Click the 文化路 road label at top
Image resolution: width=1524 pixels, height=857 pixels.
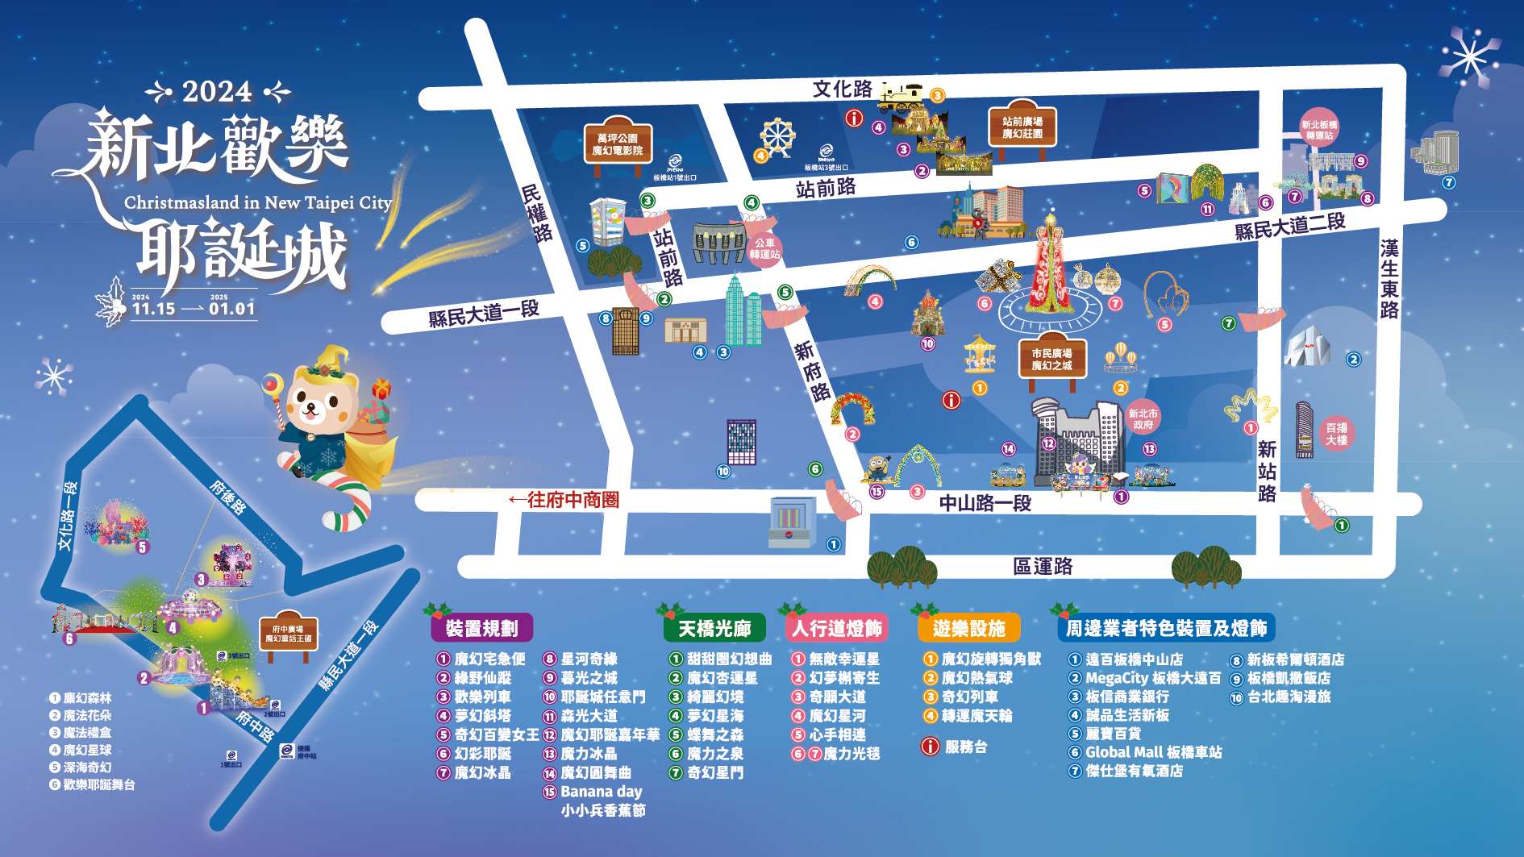(x=842, y=89)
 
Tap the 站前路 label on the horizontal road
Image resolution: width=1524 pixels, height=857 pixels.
(x=825, y=189)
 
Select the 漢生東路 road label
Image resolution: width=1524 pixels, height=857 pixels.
(x=1389, y=279)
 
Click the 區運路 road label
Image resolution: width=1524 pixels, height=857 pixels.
(x=1043, y=567)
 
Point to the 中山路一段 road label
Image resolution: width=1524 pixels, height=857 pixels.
(x=985, y=504)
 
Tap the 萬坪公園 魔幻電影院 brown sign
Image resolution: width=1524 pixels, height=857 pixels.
(x=618, y=144)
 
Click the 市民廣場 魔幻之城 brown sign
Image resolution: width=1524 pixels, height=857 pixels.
(x=1051, y=360)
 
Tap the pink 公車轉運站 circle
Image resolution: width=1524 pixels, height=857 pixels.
(x=764, y=249)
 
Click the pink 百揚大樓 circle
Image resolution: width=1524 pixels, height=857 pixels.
(x=1336, y=434)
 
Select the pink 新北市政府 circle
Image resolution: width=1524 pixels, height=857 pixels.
(x=1143, y=419)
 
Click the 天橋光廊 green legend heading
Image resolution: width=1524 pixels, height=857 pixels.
(x=714, y=629)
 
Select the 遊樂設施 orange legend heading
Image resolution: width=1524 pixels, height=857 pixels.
(x=968, y=629)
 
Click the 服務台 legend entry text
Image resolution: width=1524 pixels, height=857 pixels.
(x=966, y=747)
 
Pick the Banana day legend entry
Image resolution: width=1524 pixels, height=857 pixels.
(x=602, y=792)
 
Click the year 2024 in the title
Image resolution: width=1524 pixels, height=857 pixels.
(x=217, y=92)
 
